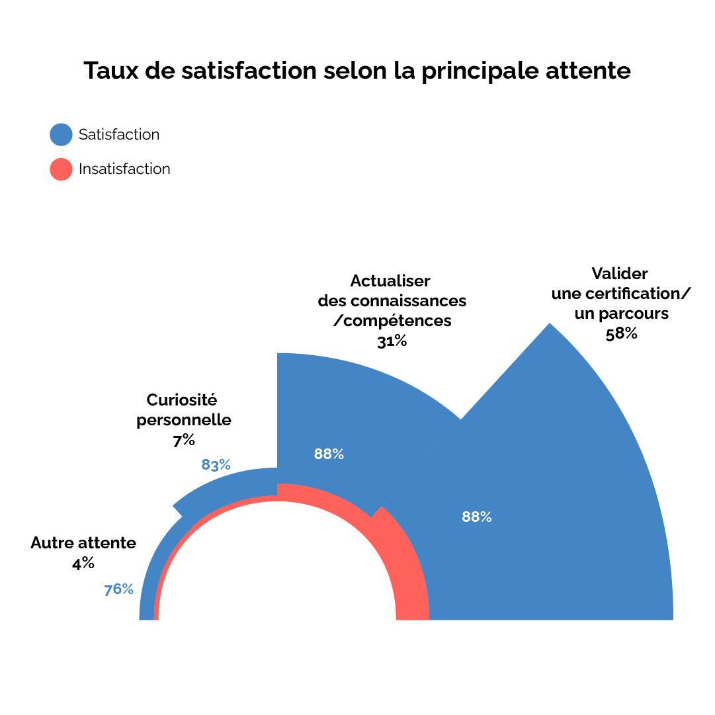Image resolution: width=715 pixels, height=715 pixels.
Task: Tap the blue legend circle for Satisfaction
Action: tap(61, 134)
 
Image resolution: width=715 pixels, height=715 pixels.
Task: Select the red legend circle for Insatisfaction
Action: tap(61, 169)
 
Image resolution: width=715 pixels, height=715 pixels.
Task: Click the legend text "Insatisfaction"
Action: tap(124, 169)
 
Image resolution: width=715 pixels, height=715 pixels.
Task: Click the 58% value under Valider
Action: tap(621, 333)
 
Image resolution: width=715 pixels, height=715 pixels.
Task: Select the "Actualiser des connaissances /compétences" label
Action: tap(392, 300)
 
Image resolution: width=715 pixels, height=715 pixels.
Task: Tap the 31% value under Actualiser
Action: tap(392, 341)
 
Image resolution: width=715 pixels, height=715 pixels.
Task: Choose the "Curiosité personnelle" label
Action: tap(183, 409)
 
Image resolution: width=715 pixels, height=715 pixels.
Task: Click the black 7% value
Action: tap(184, 441)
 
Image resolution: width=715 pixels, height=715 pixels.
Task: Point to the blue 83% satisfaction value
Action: tap(216, 465)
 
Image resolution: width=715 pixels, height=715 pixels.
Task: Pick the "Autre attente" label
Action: tap(83, 543)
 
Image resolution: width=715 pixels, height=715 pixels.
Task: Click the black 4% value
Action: tap(83, 564)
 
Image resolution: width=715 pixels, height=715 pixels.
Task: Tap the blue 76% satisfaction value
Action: tap(119, 589)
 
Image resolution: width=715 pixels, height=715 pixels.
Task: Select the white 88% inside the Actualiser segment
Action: tap(329, 454)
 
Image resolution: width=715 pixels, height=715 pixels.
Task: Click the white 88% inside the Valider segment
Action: tap(477, 517)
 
